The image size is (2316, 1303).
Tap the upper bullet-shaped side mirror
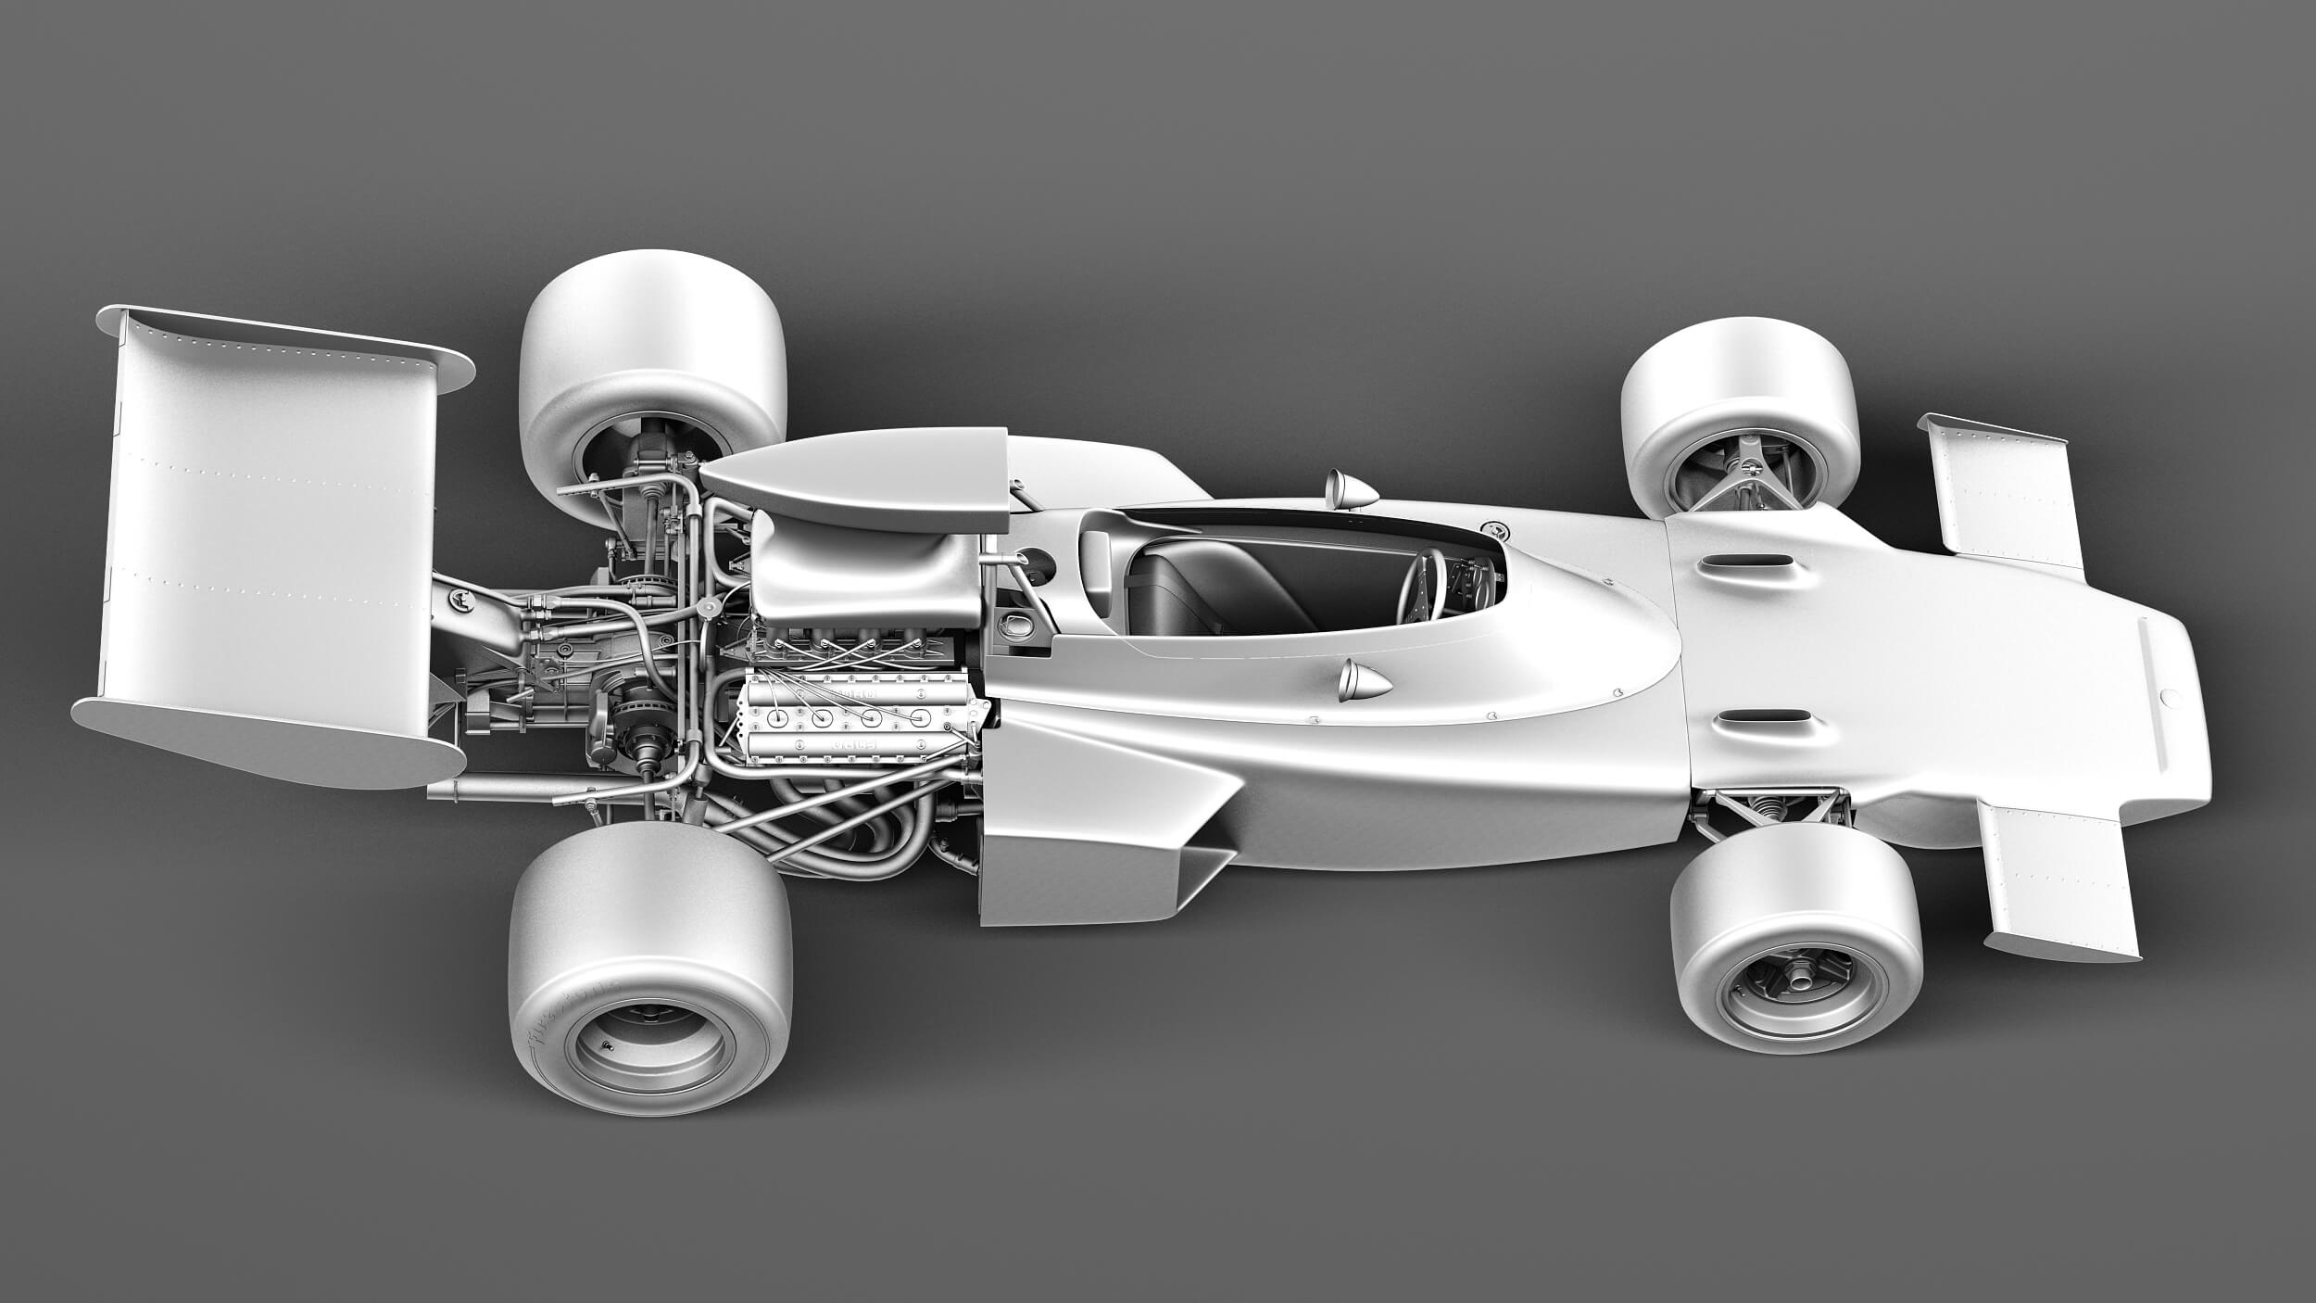click(x=1351, y=487)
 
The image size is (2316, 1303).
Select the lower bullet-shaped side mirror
click(x=1363, y=681)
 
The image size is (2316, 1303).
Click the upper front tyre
click(x=1740, y=394)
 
